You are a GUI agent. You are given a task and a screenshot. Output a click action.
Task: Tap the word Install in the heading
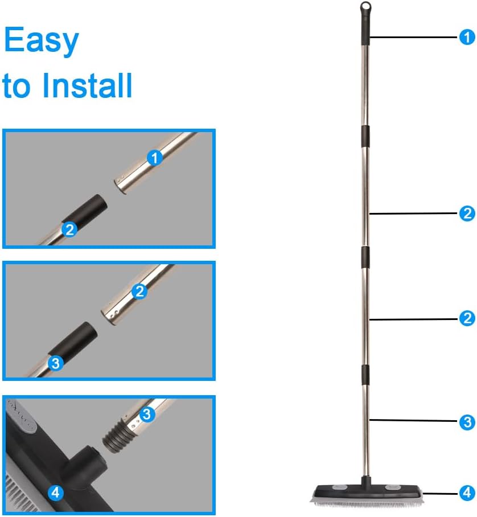[87, 85]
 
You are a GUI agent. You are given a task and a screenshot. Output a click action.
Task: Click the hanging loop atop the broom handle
[365, 7]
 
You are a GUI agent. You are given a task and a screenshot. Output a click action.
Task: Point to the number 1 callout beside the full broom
[466, 38]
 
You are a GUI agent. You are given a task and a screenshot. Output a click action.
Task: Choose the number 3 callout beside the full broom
[466, 422]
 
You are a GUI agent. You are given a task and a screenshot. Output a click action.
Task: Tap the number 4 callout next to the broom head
[466, 491]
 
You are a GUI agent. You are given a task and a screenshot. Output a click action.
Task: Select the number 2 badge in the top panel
[69, 229]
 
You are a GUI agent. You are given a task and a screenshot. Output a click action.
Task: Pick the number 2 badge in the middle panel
[139, 292]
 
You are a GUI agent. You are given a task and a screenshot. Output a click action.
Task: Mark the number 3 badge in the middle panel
[55, 363]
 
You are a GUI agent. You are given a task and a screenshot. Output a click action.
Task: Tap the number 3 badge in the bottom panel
[147, 414]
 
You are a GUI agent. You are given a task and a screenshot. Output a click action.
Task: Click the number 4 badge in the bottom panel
[55, 493]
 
